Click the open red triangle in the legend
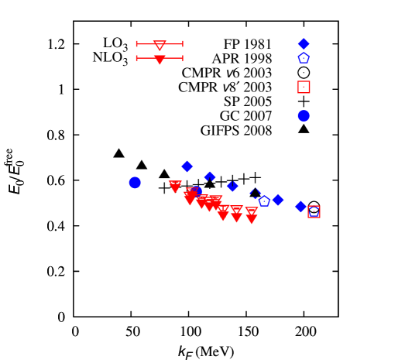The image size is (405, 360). (x=160, y=45)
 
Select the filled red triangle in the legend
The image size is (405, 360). (x=160, y=59)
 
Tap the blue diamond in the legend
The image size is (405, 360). (x=304, y=44)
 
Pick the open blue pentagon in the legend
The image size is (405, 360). (x=304, y=58)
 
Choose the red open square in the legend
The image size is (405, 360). (x=304, y=87)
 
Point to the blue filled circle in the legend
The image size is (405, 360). (x=304, y=116)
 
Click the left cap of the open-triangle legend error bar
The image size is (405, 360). (x=137, y=44)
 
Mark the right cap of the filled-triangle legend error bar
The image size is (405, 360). (x=183, y=58)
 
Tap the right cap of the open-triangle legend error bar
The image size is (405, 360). (x=183, y=44)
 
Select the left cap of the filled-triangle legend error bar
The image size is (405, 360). (x=137, y=58)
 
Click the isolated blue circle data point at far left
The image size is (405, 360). (x=135, y=183)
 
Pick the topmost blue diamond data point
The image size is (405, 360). (x=187, y=166)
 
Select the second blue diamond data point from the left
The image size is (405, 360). (x=210, y=177)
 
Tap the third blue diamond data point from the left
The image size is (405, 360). (x=232, y=186)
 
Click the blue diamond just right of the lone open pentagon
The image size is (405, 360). (x=278, y=200)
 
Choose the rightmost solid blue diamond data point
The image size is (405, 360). (x=300, y=207)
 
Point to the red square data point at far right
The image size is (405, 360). (x=314, y=211)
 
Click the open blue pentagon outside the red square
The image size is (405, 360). (x=264, y=201)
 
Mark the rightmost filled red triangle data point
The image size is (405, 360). (x=251, y=219)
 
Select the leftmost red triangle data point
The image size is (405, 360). (x=175, y=187)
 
